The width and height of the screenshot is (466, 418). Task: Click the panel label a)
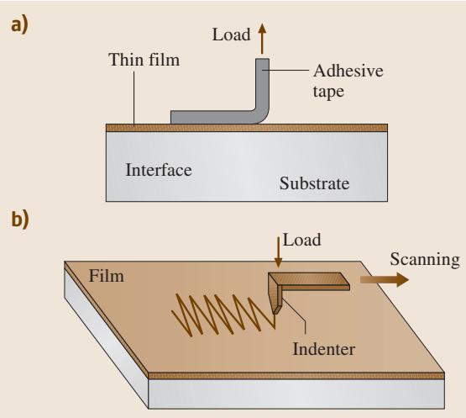[19, 24]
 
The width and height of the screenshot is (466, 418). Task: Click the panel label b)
[20, 220]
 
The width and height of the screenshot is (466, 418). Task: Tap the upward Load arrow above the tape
[262, 39]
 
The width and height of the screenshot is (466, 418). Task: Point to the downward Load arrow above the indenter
[278, 252]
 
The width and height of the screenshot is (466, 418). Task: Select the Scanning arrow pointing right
[385, 279]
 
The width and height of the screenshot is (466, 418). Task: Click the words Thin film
[144, 59]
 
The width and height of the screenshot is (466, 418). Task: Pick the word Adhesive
[348, 71]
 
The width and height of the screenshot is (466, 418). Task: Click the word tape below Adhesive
[328, 91]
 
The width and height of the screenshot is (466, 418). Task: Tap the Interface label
[159, 170]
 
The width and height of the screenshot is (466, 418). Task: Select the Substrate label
[314, 183]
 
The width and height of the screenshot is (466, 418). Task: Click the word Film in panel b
[107, 276]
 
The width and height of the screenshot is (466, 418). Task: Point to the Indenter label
[324, 349]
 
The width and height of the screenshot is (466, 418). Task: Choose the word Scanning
[425, 260]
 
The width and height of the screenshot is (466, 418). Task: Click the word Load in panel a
[231, 34]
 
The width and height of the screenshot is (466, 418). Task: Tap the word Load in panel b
[301, 240]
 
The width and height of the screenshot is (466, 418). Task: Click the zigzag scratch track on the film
[223, 315]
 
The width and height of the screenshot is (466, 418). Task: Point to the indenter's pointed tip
[274, 314]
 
